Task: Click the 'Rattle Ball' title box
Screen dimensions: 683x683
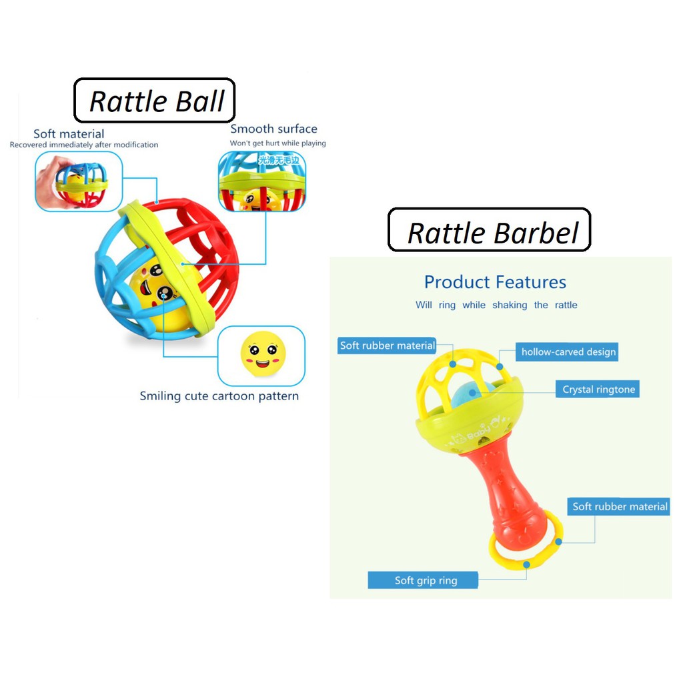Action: point(154,101)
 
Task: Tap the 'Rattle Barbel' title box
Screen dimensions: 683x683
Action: point(489,231)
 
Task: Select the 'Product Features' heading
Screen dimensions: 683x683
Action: point(495,282)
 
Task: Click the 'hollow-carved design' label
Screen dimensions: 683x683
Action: point(568,352)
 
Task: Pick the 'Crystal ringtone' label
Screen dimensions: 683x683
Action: point(598,390)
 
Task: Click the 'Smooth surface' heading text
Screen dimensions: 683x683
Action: point(273,129)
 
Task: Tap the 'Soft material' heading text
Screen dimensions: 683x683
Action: point(69,134)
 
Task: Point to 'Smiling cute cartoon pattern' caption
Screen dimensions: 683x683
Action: point(219,396)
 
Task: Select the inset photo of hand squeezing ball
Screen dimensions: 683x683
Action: point(78,181)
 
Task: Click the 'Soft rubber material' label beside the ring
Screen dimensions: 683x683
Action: point(620,507)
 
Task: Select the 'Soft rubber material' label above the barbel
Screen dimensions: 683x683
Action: point(387,346)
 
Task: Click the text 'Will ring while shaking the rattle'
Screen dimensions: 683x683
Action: point(496,305)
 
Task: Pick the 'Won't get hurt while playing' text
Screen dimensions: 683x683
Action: point(277,143)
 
